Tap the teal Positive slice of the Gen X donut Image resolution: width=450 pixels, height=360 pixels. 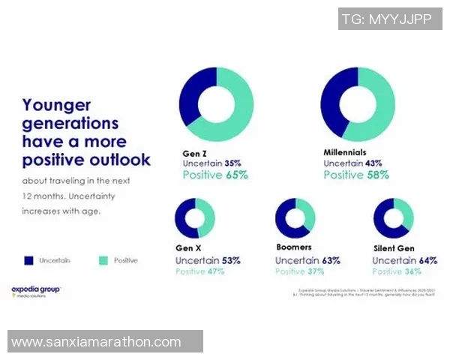tap(207, 217)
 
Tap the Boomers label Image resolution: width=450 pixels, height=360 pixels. tap(293, 247)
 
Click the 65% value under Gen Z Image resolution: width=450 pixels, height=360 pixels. tap(235, 175)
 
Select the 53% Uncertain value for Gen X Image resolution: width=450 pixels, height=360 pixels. tap(231, 260)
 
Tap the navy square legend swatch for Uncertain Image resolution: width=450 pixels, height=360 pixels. tap(28, 260)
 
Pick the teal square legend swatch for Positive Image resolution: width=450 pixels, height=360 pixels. tap(103, 260)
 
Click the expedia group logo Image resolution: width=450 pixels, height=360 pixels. tap(36, 290)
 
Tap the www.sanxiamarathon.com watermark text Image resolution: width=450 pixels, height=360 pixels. tap(96, 342)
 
